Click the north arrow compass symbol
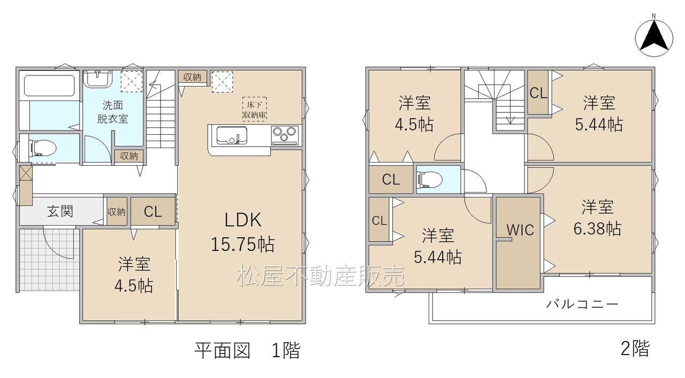coord(654,38)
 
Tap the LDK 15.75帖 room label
coord(243,232)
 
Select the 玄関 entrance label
coord(60,212)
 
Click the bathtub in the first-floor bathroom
coord(49,86)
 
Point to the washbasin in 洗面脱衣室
coord(98,79)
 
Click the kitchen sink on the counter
coord(232,135)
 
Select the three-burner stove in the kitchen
coord(285,135)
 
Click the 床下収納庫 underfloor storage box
coord(254,109)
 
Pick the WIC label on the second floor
coord(520,230)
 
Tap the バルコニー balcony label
coord(582,304)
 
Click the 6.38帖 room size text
coord(597,229)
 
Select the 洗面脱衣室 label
coord(112,112)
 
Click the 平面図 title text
coord(222,350)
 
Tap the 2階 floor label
coord(635,349)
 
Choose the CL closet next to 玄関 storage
coord(153,212)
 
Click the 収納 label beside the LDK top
coord(192,78)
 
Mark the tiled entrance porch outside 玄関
coord(49,259)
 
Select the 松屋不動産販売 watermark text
coord(321,276)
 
